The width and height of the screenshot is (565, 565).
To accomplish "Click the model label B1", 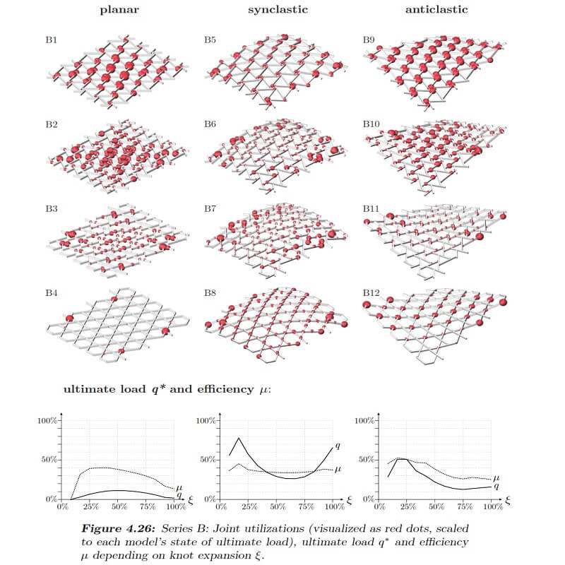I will pyautogui.click(x=52, y=40).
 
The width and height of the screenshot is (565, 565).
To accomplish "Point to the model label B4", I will pyautogui.click(x=52, y=292).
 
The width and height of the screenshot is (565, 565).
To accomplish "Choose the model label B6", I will pyautogui.click(x=210, y=124).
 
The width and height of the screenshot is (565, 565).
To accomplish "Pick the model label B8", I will pyautogui.click(x=210, y=292).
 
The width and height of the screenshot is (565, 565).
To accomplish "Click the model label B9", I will pyautogui.click(x=369, y=40).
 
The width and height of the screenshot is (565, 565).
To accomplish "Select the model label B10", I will pyautogui.click(x=371, y=124).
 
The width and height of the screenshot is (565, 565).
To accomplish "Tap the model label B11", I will pyautogui.click(x=371, y=208).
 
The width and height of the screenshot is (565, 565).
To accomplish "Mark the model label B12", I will pyautogui.click(x=371, y=292).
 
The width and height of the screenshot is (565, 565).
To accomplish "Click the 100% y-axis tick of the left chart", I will pyautogui.click(x=48, y=420).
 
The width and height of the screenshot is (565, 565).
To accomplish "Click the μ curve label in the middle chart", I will pyautogui.click(x=338, y=470).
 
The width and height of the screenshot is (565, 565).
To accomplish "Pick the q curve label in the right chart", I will pyautogui.click(x=496, y=487).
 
